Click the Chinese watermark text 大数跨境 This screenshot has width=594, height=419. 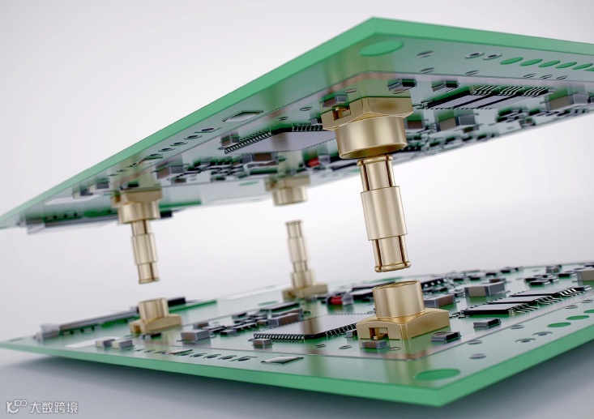coord(53,408)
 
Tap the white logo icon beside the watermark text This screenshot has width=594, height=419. coord(16,407)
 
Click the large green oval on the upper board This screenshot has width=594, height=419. coord(381,49)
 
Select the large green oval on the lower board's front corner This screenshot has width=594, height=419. coord(437,374)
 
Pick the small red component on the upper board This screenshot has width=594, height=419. coord(313,163)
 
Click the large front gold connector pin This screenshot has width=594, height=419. coord(383,214)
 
